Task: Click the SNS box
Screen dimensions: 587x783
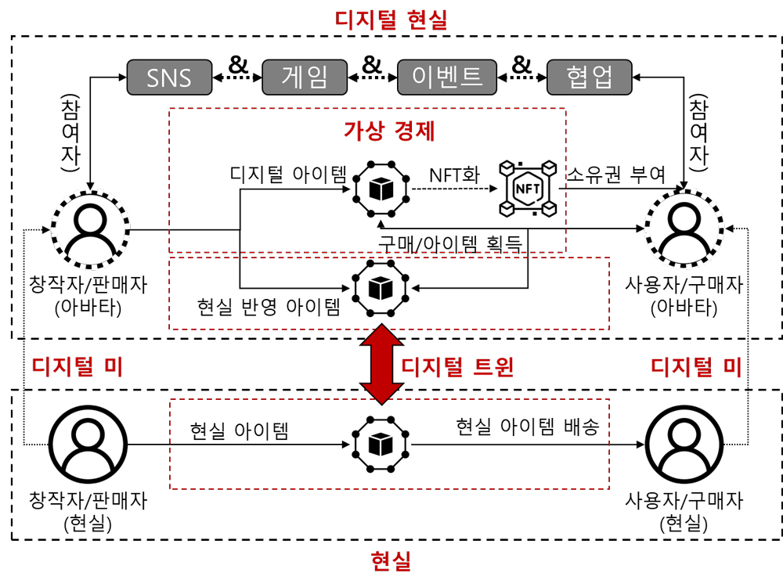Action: pos(170,77)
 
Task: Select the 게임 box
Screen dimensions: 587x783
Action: pos(305,77)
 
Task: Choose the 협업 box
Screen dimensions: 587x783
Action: pos(589,77)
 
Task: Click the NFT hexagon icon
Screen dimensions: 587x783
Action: pos(526,189)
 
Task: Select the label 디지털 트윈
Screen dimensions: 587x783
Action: pos(457,366)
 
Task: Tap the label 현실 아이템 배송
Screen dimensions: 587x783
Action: pos(528,427)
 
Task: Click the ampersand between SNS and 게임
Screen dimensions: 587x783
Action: pos(237,65)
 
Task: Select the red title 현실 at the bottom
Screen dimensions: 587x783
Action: pos(391,560)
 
